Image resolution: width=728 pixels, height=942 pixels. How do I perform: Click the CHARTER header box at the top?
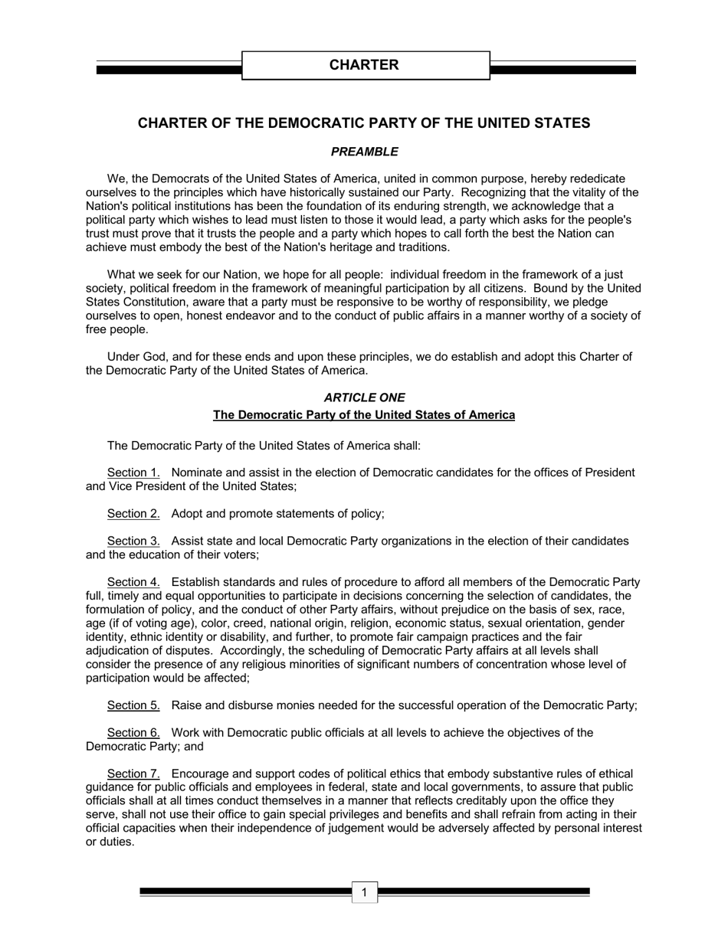pyautogui.click(x=365, y=65)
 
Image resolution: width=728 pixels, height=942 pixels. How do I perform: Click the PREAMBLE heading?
pyautogui.click(x=364, y=152)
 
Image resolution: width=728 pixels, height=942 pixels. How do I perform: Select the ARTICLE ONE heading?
pyautogui.click(x=364, y=397)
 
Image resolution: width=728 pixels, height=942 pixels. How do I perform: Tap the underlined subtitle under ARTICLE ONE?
pyautogui.click(x=364, y=415)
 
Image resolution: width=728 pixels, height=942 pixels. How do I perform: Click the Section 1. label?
pyautogui.click(x=133, y=473)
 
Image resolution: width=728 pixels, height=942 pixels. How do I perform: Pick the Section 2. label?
pyautogui.click(x=133, y=514)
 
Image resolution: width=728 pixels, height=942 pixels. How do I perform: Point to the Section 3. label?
pyautogui.click(x=133, y=541)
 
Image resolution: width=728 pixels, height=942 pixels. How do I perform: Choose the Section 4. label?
pyautogui.click(x=133, y=583)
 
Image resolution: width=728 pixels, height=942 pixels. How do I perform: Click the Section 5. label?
pyautogui.click(x=133, y=705)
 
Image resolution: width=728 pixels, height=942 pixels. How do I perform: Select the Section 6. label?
pyautogui.click(x=133, y=733)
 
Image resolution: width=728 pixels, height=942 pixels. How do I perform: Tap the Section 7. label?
pyautogui.click(x=133, y=774)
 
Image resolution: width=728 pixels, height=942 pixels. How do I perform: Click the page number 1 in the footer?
pyautogui.click(x=365, y=892)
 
